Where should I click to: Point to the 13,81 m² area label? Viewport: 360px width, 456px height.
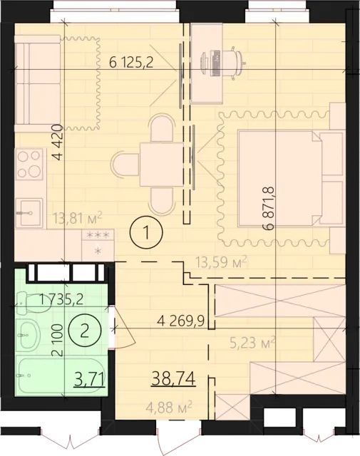(x=79, y=215)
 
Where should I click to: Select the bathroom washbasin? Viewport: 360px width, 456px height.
(x=31, y=331)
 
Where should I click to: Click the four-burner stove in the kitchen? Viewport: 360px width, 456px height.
(x=29, y=163)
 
